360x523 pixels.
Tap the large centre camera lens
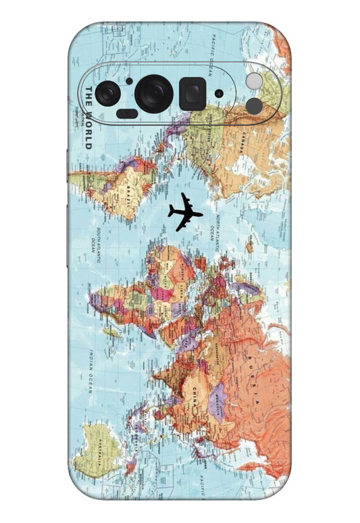click(x=155, y=93)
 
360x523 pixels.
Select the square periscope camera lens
click(x=192, y=93)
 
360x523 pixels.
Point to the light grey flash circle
click(x=253, y=81)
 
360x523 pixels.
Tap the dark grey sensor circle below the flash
click(x=253, y=105)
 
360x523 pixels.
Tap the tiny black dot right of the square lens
click(x=218, y=93)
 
